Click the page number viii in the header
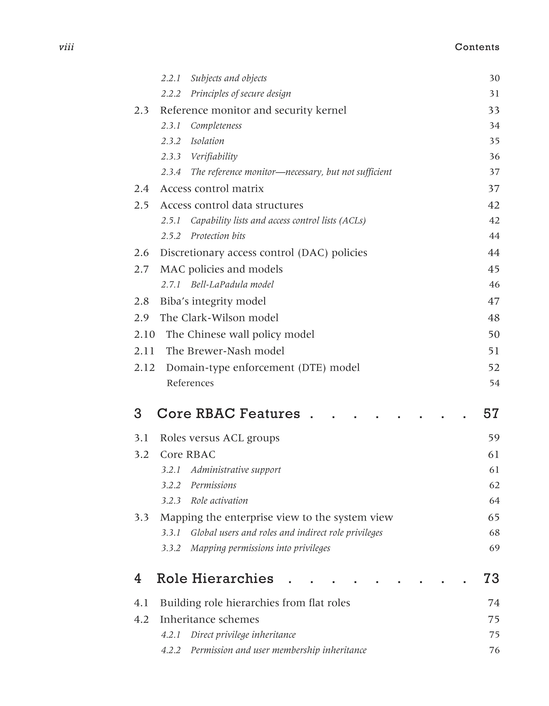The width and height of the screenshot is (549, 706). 66,47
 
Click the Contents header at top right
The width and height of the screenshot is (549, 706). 477,47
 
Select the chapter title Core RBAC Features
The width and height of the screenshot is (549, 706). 228,414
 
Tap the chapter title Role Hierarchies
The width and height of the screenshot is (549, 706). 215,579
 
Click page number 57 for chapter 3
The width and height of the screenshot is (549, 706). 491,414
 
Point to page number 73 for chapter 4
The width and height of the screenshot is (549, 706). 491,579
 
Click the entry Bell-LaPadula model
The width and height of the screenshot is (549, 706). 232,284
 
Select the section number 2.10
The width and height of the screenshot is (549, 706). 144,334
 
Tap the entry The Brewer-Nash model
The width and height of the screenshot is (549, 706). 225,351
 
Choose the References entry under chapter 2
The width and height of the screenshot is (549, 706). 190,383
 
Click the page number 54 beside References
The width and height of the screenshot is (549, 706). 494,383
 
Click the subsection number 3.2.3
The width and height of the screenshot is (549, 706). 171,501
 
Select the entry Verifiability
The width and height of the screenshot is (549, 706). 214,157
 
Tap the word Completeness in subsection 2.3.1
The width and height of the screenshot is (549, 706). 216,126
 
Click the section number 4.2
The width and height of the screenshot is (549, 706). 142,619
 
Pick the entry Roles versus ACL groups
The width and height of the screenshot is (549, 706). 220,438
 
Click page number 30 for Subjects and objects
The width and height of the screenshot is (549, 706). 494,78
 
